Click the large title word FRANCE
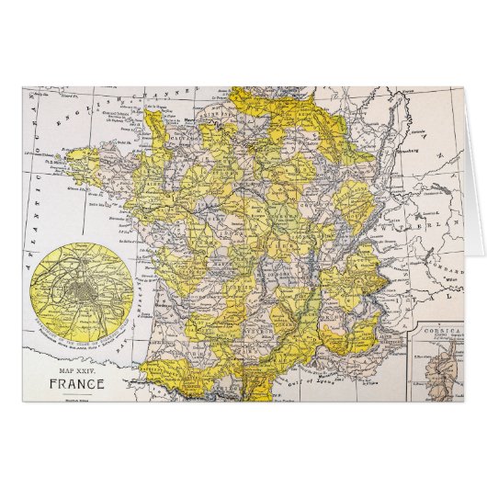pos(77,384)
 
